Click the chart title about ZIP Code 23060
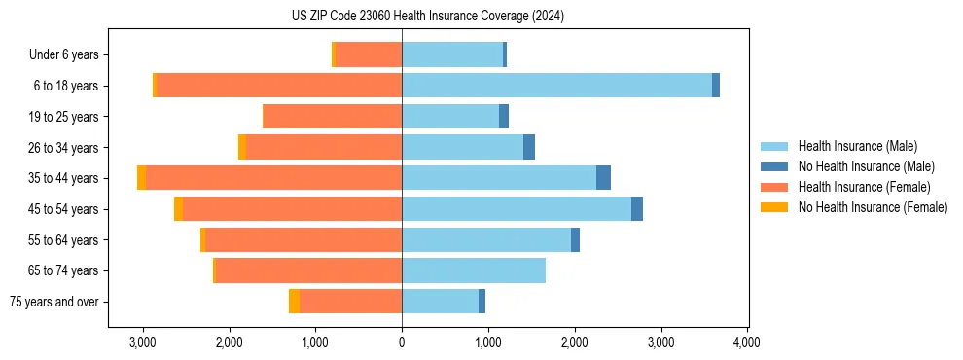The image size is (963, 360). [x=427, y=17]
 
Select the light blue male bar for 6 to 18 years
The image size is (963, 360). [x=556, y=86]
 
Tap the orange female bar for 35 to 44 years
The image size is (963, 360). [x=274, y=178]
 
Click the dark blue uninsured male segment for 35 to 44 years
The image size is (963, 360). [x=603, y=178]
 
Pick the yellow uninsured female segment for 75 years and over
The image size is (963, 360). [x=294, y=302]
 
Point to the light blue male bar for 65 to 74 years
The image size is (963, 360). [x=474, y=270]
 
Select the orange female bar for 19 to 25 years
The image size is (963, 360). [x=332, y=117]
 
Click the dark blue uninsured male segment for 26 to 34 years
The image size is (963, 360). [x=529, y=147]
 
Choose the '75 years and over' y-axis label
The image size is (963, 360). [x=53, y=302]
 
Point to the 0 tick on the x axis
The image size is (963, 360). [x=402, y=342]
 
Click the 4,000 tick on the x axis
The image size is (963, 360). [x=746, y=342]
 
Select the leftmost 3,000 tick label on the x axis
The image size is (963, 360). [x=143, y=342]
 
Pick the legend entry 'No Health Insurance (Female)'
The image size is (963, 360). [x=873, y=207]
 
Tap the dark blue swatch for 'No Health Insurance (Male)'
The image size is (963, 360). [x=774, y=166]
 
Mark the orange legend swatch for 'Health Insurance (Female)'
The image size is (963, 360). [x=774, y=187]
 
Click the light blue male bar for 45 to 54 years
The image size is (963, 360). [x=517, y=209]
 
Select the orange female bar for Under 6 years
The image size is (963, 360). [x=368, y=54]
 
